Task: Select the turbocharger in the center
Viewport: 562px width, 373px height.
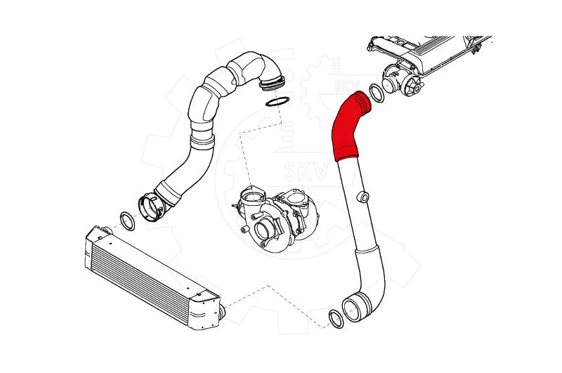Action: [x=275, y=218]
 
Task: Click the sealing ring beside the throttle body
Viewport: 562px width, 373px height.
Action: [x=377, y=93]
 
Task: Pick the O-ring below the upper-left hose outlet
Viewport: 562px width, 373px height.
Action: [x=277, y=102]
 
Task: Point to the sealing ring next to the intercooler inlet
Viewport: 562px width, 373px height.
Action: [x=127, y=221]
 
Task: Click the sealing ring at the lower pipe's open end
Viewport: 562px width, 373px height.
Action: [x=336, y=318]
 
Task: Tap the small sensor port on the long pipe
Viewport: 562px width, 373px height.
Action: [x=363, y=197]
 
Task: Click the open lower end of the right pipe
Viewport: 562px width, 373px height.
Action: [x=355, y=308]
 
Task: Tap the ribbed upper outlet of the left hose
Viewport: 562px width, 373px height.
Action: [x=273, y=82]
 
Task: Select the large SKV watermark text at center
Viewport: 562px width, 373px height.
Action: [x=307, y=171]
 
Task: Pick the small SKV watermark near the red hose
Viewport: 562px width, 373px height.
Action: [x=346, y=86]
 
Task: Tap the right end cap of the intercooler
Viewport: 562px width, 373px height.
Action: [x=207, y=309]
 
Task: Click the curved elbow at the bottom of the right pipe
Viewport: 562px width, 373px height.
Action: [x=370, y=283]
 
